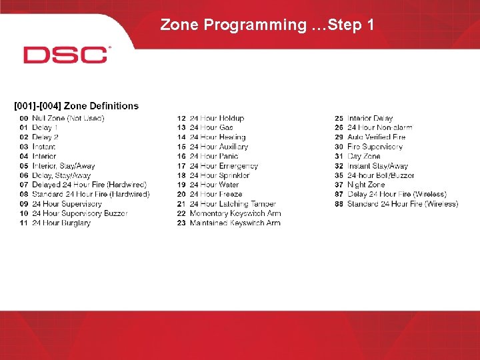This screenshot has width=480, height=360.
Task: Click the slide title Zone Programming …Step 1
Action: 267,25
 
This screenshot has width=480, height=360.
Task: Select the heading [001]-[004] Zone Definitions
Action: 77,106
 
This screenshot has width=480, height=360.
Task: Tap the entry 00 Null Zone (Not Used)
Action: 62,118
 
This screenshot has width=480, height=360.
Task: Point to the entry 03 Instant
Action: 37,147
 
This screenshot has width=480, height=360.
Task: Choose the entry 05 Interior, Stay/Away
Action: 57,166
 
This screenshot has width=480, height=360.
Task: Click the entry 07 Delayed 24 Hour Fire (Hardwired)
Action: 83,185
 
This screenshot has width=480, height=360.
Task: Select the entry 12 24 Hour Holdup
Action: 211,118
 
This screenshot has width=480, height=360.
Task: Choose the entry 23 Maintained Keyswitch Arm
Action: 229,223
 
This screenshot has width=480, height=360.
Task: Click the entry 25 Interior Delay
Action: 364,118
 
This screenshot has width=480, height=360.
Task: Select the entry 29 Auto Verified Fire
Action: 370,137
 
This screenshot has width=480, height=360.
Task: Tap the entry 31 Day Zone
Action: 357,156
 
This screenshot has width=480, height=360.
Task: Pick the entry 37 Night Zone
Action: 360,185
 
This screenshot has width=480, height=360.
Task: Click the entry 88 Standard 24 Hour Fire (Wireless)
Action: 397,204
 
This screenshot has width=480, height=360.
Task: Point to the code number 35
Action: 339,175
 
